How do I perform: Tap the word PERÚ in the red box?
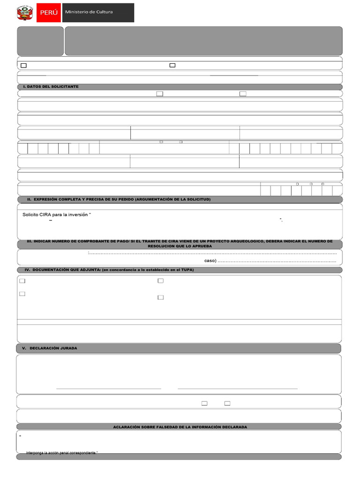(x=49, y=13)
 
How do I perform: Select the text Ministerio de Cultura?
(x=89, y=12)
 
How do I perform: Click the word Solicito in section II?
(x=30, y=215)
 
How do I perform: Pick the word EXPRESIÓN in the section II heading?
(x=47, y=199)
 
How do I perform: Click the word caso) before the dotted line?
(x=210, y=261)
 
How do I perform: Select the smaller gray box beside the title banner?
(x=40, y=41)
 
